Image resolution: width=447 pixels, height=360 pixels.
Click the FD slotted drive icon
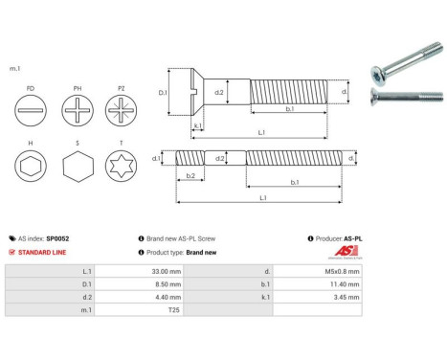pyautogui.click(x=32, y=108)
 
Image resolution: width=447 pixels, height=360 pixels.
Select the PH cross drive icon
pyautogui.click(x=78, y=108)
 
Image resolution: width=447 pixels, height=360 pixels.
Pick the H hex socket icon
pyautogui.click(x=32, y=168)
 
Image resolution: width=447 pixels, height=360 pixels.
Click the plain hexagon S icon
pyautogui.click(x=78, y=168)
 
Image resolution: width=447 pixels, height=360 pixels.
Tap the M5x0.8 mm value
pyautogui.click(x=340, y=271)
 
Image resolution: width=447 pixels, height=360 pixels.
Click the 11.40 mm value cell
pyautogui.click(x=341, y=284)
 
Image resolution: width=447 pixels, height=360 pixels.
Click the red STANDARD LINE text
pyautogui.click(x=48, y=252)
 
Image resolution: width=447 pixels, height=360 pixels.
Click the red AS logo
pyautogui.click(x=344, y=252)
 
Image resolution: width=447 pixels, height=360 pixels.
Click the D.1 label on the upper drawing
pyautogui.click(x=162, y=93)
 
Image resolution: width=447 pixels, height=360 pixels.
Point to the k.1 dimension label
pyautogui.click(x=197, y=125)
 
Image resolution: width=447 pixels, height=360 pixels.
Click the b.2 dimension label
pyautogui.click(x=190, y=176)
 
